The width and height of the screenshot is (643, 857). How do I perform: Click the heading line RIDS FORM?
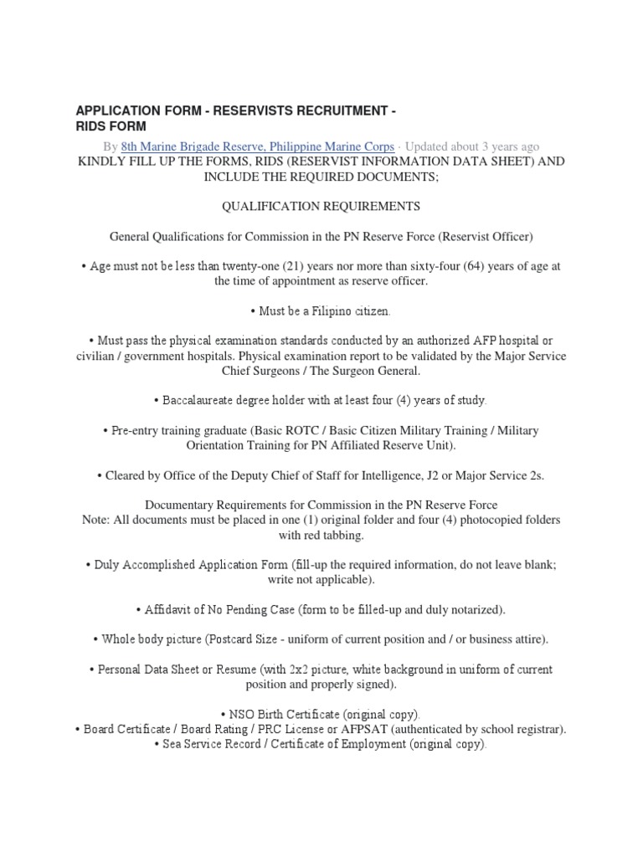pos(111,126)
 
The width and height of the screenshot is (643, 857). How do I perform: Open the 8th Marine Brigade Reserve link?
pos(257,146)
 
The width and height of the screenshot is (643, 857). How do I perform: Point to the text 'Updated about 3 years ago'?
pos(472,146)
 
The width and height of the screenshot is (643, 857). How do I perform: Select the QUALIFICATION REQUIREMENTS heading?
pos(321,206)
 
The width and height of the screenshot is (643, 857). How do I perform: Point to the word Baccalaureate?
pos(209,401)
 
